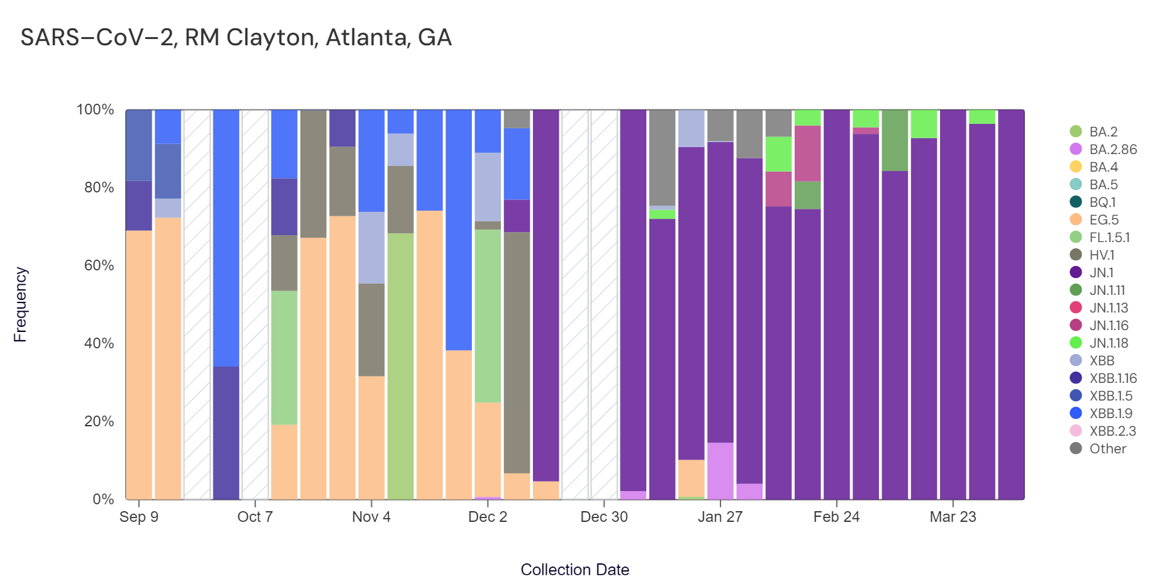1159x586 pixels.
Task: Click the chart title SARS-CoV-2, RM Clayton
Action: pos(236,38)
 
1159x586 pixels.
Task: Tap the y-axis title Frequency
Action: pos(20,304)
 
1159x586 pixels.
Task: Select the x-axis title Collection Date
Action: pos(574,570)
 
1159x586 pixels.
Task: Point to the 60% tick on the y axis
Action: pos(99,265)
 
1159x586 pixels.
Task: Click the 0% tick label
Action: pos(103,499)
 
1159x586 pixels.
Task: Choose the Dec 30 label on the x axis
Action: pos(604,517)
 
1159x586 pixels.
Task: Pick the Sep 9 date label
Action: pos(139,517)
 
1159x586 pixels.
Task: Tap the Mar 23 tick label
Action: pos(953,517)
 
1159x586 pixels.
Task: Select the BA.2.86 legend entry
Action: pos(1112,150)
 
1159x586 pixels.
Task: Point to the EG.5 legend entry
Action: pos(1104,220)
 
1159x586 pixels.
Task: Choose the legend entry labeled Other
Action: pos(1107,449)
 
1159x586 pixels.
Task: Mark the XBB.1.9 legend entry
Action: pos(1111,414)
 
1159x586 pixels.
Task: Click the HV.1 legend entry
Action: pos(1102,255)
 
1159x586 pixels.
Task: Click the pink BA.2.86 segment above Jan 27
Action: pos(720,471)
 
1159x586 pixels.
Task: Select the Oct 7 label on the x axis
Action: pos(255,517)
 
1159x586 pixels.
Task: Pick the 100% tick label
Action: pos(95,109)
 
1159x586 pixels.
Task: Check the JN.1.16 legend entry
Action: pos(1109,326)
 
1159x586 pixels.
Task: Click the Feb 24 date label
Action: pos(836,517)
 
